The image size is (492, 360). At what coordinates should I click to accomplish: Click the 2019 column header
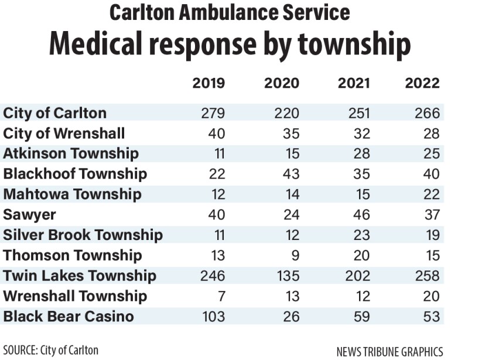click(x=209, y=83)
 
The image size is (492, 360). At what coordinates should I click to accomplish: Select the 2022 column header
click(x=422, y=83)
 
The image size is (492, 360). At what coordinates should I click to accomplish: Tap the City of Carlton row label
click(x=55, y=113)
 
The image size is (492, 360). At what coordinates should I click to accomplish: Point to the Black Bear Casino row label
click(x=69, y=317)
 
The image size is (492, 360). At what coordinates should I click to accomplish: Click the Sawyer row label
click(x=26, y=215)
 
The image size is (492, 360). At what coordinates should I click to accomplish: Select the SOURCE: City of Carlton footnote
click(x=50, y=350)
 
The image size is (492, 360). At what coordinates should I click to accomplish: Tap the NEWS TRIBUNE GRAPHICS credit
click(x=389, y=351)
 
